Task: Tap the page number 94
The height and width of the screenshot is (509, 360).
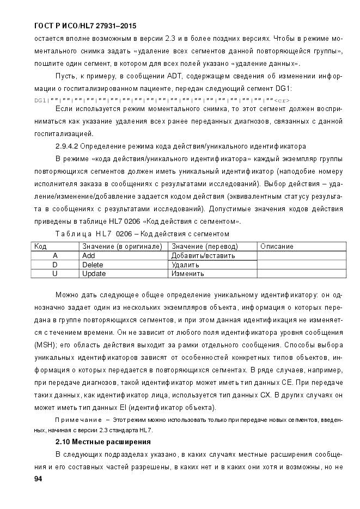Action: tap(38, 479)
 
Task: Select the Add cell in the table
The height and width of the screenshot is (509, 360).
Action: tap(89, 255)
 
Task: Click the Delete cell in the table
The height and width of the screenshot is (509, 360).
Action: tap(93, 265)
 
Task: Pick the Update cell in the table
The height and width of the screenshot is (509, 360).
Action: tap(94, 274)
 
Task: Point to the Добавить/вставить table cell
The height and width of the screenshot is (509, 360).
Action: tap(203, 255)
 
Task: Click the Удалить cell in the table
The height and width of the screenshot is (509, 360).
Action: tap(185, 265)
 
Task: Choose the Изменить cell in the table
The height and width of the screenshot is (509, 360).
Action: tap(188, 274)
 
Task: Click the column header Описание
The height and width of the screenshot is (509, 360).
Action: tap(277, 247)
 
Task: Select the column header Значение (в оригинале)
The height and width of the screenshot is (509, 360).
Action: tap(122, 247)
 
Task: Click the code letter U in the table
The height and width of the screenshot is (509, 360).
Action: tap(55, 274)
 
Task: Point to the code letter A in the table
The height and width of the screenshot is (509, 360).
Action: tap(55, 255)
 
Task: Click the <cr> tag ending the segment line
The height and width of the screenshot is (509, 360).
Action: tap(282, 101)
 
